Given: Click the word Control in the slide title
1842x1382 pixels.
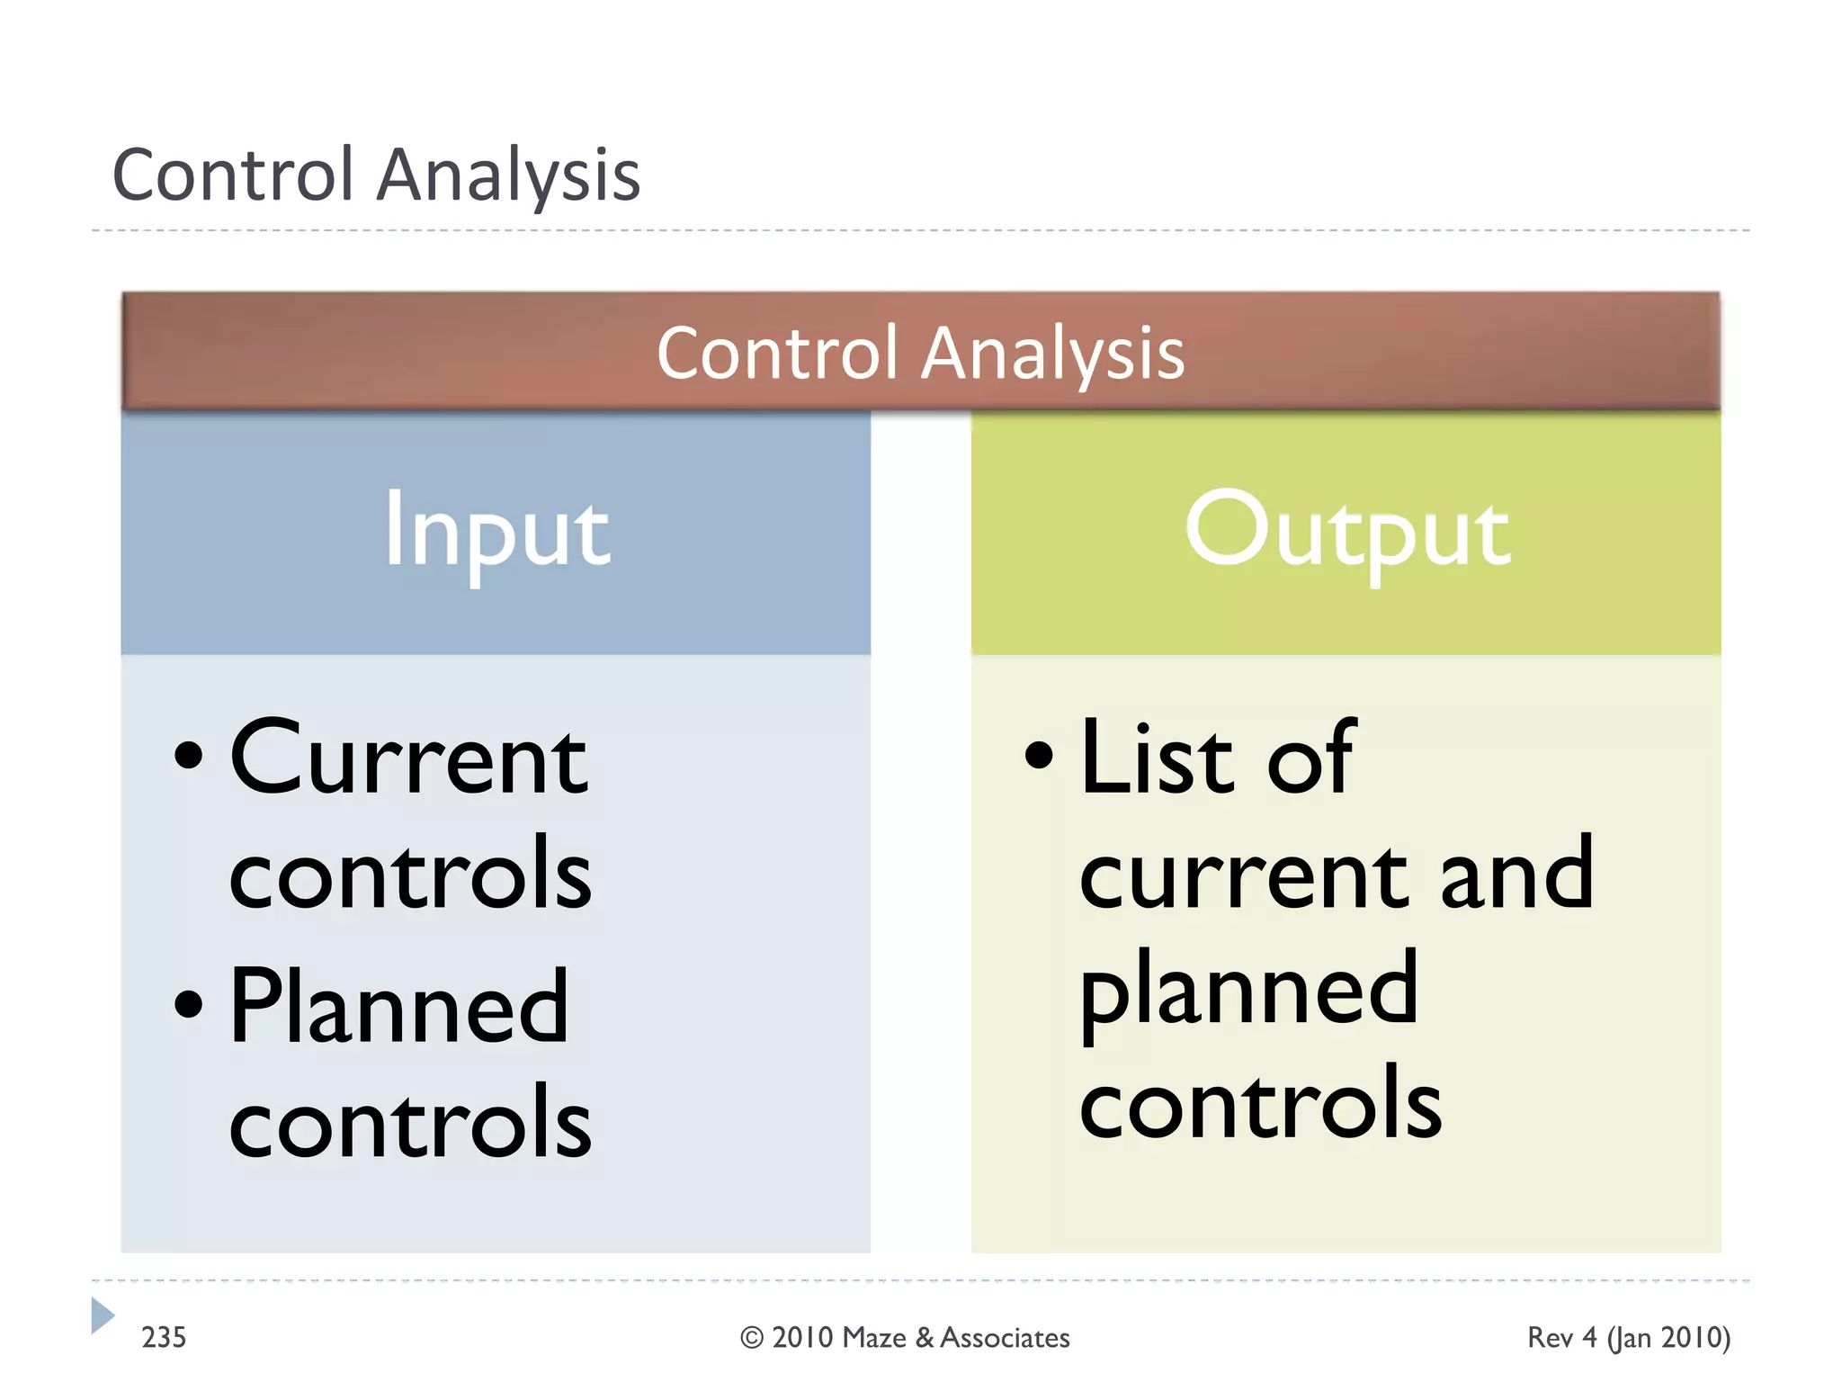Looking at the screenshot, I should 233,175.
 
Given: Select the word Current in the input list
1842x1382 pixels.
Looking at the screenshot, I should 409,758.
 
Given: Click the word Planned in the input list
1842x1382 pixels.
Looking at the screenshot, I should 399,1008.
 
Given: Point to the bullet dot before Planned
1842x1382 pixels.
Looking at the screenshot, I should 188,1004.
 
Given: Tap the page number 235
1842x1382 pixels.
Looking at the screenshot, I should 164,1337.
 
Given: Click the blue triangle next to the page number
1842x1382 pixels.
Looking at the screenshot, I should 102,1315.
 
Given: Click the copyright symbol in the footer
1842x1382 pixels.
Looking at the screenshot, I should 751,1338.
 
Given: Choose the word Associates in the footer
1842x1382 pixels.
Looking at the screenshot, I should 1005,1338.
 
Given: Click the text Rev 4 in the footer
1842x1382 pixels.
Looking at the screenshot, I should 1561,1338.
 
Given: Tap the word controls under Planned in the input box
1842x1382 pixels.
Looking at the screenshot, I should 410,1123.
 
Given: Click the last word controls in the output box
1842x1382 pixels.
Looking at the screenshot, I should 1260,1103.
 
